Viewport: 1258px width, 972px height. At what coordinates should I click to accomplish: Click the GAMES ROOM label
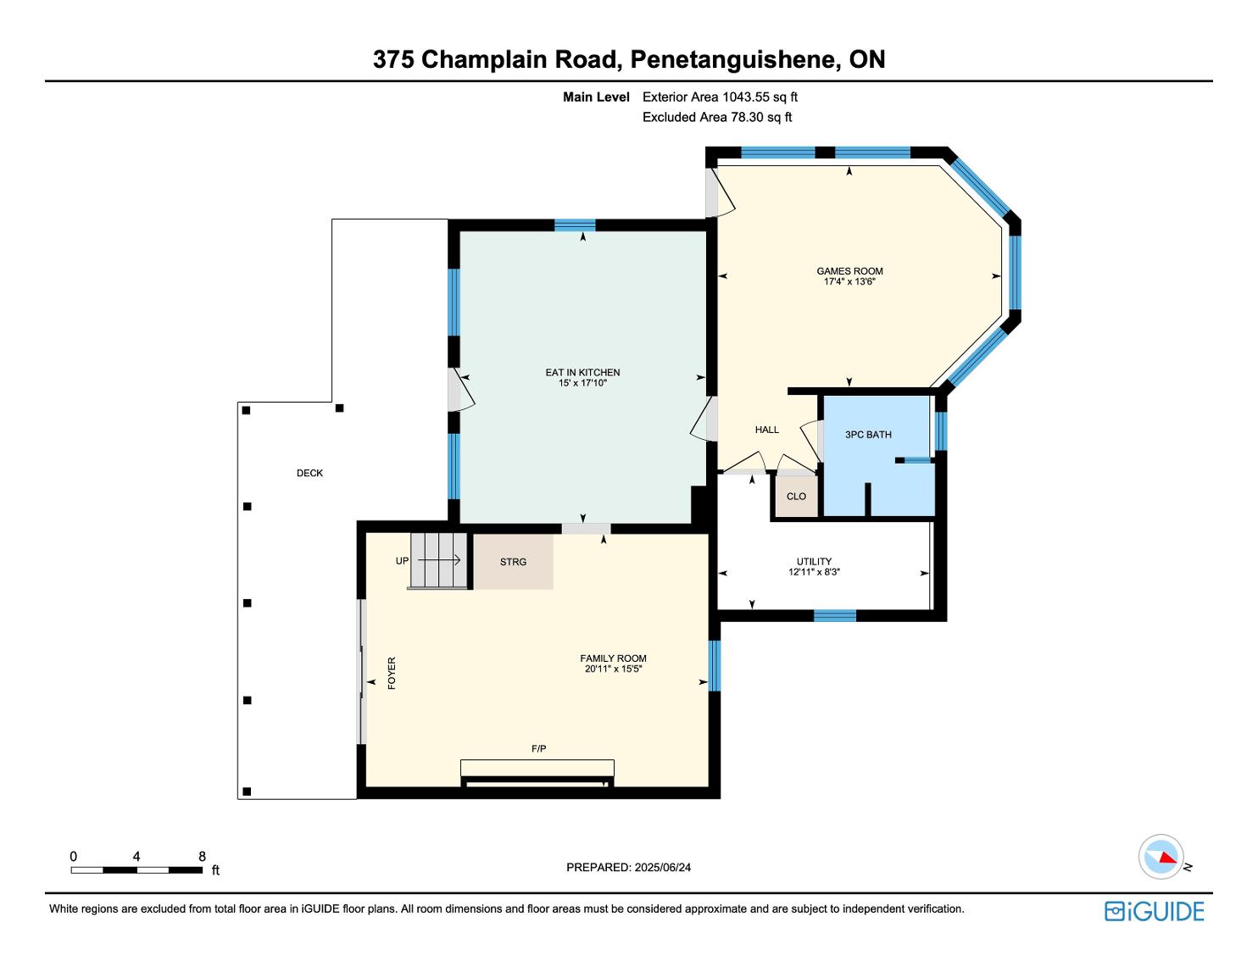click(x=849, y=271)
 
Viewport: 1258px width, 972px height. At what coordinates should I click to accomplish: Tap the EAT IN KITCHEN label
click(x=582, y=372)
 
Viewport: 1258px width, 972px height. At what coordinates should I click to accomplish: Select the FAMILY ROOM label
click(x=613, y=658)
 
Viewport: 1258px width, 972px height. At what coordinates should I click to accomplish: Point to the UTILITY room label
click(x=814, y=561)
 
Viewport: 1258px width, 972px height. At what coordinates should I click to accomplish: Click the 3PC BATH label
click(x=868, y=435)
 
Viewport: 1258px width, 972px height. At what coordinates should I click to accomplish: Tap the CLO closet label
click(x=796, y=496)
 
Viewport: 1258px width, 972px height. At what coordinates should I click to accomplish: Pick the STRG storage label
click(x=513, y=562)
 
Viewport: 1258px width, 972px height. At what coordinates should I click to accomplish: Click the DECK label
click(x=309, y=473)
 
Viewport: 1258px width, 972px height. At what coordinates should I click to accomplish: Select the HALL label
click(x=766, y=430)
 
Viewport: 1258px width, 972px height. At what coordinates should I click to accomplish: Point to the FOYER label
click(x=392, y=673)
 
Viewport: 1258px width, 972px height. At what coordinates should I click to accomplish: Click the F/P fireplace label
click(x=538, y=748)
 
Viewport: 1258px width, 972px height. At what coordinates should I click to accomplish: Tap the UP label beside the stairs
click(x=402, y=561)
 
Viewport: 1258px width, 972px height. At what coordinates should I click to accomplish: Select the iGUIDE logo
click(x=1154, y=911)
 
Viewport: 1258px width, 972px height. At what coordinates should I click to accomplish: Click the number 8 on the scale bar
click(x=202, y=856)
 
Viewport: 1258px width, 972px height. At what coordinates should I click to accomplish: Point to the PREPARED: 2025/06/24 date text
click(x=628, y=867)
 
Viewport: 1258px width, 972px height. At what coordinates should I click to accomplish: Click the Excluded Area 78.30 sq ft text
click(x=716, y=117)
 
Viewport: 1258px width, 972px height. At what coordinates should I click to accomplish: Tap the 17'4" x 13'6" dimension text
click(x=849, y=281)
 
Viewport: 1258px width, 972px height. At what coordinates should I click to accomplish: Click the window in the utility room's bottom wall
click(x=835, y=615)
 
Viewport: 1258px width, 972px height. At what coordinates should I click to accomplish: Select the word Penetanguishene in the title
click(x=735, y=59)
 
